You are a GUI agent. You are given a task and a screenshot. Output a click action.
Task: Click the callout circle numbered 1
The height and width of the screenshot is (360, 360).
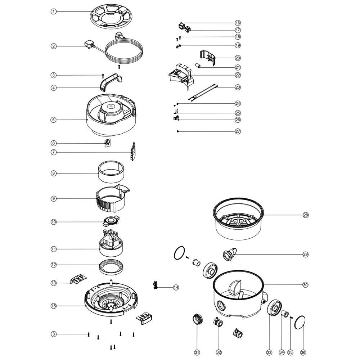[x=54, y=12]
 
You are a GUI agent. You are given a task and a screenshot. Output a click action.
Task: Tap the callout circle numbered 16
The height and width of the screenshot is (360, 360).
[x=238, y=23]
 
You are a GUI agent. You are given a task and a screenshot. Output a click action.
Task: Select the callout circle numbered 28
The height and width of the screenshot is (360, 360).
[x=306, y=215]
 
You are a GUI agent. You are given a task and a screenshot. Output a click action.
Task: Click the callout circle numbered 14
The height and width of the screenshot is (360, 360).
[x=176, y=287]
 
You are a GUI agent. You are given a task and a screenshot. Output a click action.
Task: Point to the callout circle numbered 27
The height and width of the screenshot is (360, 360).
[x=238, y=131]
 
